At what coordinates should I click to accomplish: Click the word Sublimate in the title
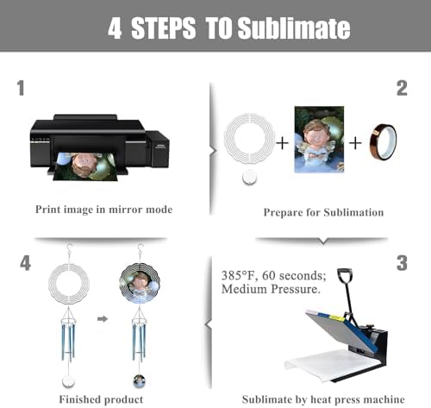pos(294,28)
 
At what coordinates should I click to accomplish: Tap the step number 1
pos(21,88)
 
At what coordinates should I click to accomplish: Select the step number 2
pos(402,88)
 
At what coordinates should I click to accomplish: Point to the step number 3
pos(402,263)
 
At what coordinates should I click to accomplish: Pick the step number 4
pos(25,263)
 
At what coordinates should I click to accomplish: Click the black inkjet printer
pos(100,144)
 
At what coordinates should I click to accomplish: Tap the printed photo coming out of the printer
pos(85,166)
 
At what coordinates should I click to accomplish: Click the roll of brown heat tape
pos(383,141)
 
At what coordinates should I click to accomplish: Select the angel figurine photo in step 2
pos(319,140)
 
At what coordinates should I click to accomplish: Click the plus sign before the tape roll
pos(355,143)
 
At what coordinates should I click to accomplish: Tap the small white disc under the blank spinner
pos(249,177)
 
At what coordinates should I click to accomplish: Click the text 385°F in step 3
pos(238,275)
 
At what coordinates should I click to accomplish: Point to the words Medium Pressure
pos(271,289)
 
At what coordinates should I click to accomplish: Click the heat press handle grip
pos(345,274)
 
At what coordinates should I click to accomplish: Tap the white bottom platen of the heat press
pos(334,365)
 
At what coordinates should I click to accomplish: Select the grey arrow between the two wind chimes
pos(103,318)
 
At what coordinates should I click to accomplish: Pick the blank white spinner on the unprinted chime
pos(69,283)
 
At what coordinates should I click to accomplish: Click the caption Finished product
pos(101,399)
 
